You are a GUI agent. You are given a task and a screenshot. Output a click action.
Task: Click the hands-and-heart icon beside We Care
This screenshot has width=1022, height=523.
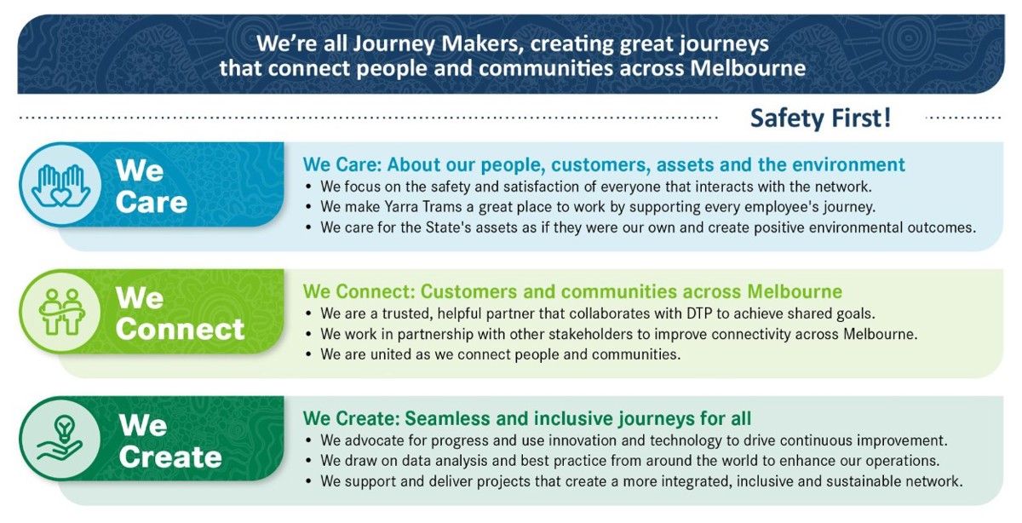click(x=60, y=185)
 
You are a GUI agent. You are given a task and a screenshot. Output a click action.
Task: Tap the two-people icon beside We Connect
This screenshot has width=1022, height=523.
click(x=62, y=312)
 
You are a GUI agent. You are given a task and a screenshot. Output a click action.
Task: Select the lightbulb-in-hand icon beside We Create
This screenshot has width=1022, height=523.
click(x=60, y=438)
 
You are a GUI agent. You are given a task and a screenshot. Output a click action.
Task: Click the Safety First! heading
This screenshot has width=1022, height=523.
click(x=821, y=118)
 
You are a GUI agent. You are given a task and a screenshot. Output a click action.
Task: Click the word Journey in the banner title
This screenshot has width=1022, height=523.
click(x=393, y=45)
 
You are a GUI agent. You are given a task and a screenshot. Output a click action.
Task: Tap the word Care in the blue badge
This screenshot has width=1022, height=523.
click(x=152, y=202)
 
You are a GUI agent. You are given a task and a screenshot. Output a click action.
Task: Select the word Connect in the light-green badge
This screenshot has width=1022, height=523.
click(x=181, y=329)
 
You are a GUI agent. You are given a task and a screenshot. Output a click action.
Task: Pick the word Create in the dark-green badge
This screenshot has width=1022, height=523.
click(x=170, y=457)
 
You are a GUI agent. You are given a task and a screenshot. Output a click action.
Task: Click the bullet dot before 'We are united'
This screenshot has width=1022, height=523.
click(x=309, y=354)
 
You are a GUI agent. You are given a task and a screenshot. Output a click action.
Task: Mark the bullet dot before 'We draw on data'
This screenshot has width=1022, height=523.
click(x=309, y=461)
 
